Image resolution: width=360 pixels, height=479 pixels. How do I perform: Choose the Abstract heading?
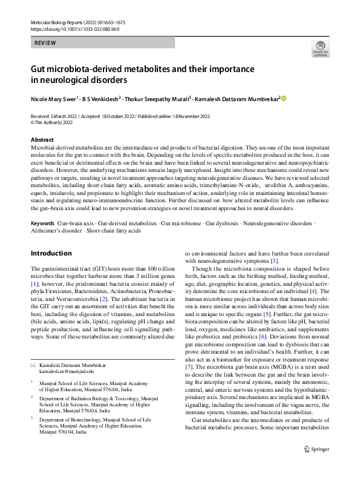[x=42, y=139]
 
